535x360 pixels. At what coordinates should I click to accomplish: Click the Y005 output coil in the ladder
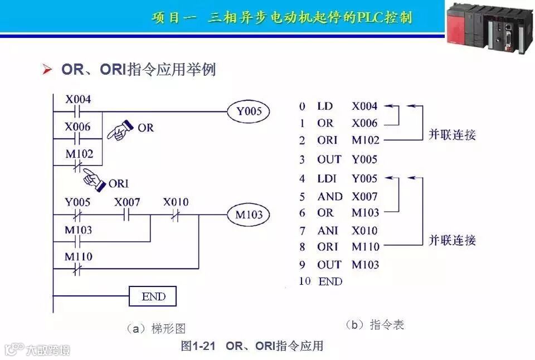click(248, 111)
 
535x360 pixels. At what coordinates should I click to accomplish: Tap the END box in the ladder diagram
click(153, 296)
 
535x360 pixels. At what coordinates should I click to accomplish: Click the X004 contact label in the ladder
click(78, 100)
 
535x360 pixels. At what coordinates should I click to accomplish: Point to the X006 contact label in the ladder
click(78, 127)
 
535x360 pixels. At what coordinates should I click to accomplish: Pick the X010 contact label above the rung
click(176, 202)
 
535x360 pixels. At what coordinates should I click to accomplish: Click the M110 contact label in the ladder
click(79, 257)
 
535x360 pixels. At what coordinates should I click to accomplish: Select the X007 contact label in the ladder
click(127, 202)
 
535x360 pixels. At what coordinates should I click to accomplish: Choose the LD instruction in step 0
click(325, 106)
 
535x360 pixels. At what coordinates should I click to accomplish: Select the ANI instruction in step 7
click(328, 230)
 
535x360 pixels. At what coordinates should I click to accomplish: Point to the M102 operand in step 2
click(366, 140)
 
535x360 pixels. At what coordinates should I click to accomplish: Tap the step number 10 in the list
click(304, 281)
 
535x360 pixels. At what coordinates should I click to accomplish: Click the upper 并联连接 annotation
click(452, 134)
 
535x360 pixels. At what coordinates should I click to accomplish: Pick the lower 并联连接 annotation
click(452, 240)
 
